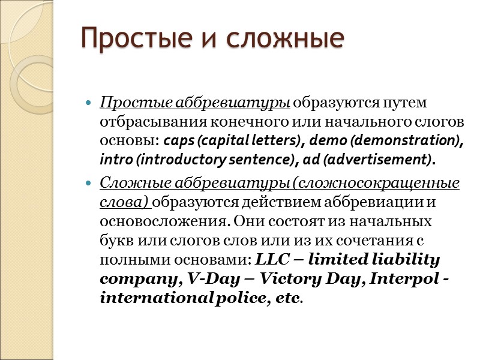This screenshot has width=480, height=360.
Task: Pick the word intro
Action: click(x=112, y=161)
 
